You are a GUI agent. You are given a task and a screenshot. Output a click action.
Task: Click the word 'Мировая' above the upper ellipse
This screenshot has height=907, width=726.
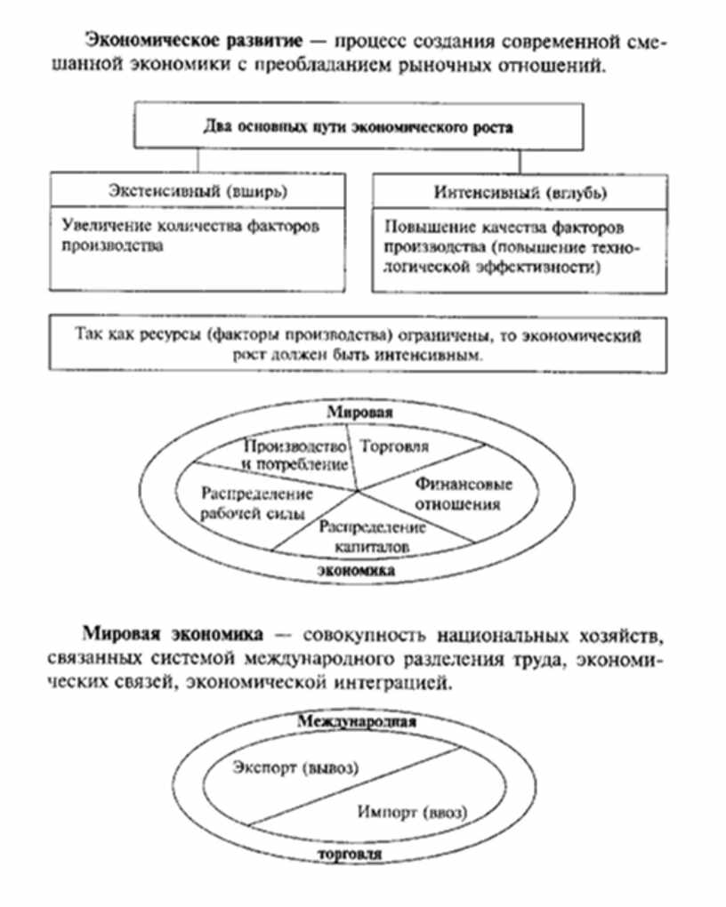click(x=359, y=413)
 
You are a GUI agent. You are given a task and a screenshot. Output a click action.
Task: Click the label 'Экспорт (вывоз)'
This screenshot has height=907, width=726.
click(x=294, y=767)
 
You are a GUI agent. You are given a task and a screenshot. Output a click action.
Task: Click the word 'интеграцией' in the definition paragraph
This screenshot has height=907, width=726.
click(x=373, y=686)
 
